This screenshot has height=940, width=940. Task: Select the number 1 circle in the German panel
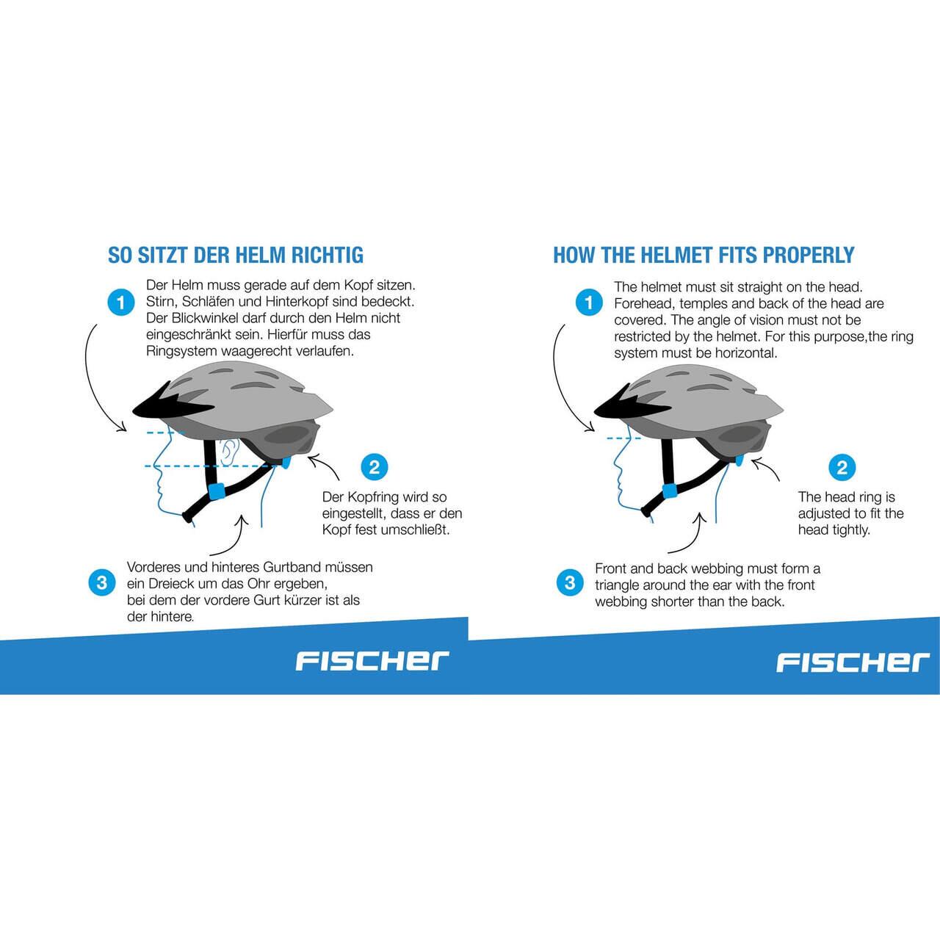tap(121, 303)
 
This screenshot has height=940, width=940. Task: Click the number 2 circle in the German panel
tap(375, 467)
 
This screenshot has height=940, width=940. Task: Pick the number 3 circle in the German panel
tap(102, 582)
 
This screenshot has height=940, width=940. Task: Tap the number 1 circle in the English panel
tap(589, 303)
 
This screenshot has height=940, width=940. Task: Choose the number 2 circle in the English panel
tap(842, 467)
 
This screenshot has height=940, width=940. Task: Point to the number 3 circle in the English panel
tap(570, 582)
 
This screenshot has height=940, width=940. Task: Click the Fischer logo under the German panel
tap(372, 661)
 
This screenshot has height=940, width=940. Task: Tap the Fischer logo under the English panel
tap(853, 662)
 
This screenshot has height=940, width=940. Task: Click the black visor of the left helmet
tap(166, 407)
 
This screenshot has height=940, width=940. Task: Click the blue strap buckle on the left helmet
tap(217, 491)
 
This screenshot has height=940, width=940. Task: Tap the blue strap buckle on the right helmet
tap(670, 491)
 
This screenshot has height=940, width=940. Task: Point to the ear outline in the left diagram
tap(229, 452)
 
